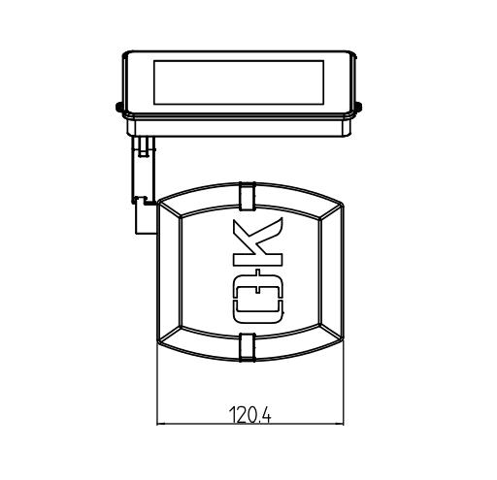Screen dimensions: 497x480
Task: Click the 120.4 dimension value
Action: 249,415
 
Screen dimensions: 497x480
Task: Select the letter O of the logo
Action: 258,299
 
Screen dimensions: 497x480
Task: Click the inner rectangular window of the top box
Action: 239,82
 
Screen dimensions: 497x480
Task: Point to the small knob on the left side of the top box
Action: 118,107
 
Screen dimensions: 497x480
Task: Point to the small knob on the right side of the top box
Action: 358,107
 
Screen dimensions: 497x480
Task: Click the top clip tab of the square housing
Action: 248,196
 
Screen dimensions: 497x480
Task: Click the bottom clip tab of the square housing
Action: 248,347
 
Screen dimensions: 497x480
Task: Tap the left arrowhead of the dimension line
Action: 161,424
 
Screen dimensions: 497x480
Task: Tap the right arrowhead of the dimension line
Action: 340,424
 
